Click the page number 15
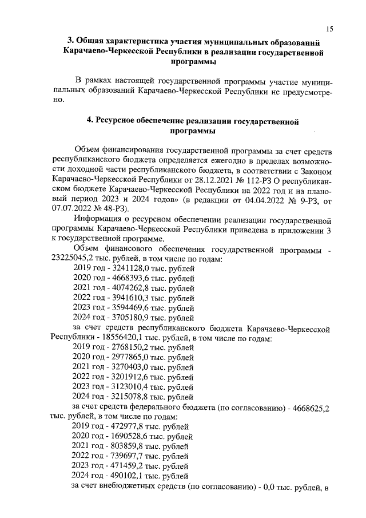point(330,29)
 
